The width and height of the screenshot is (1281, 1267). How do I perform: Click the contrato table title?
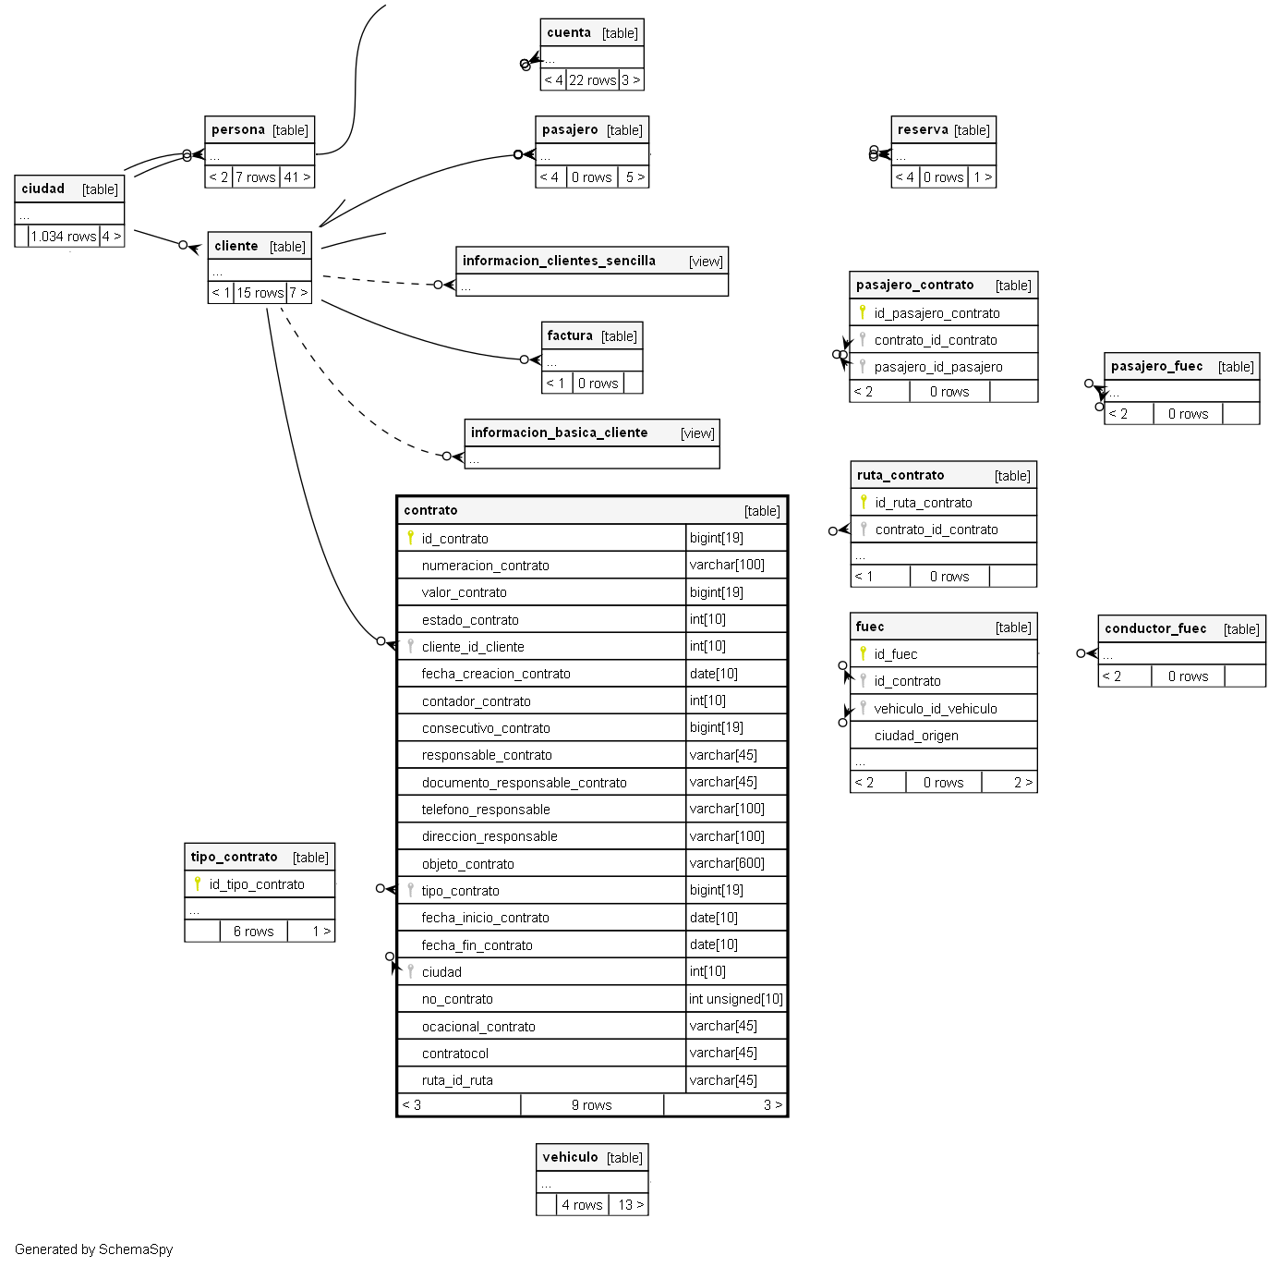(430, 510)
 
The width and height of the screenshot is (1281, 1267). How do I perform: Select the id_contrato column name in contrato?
(454, 539)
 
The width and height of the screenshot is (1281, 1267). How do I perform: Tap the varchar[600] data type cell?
(727, 863)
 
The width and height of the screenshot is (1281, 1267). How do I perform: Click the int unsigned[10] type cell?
(736, 999)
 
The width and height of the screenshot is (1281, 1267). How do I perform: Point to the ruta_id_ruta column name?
(457, 1080)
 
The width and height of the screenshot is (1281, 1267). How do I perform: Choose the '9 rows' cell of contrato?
(591, 1105)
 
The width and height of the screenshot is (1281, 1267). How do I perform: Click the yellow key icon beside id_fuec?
(863, 653)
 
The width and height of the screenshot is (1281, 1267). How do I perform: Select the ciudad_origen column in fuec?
(916, 736)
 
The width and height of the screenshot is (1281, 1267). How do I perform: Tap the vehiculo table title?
(570, 1157)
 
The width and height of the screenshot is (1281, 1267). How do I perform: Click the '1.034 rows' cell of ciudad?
(64, 237)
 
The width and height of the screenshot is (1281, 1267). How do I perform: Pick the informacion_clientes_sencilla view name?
(559, 261)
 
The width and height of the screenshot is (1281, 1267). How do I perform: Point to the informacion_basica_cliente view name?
(559, 432)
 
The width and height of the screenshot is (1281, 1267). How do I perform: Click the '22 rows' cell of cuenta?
(592, 80)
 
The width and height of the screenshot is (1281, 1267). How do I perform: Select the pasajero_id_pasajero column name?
(938, 367)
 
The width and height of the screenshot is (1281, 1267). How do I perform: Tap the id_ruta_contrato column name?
(924, 503)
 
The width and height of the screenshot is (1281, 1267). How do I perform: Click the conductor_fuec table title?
(1155, 628)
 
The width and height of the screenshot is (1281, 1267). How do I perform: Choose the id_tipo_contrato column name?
(257, 884)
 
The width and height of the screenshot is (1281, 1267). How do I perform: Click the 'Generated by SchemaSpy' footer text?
(93, 1249)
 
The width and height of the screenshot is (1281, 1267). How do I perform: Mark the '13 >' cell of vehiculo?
(631, 1205)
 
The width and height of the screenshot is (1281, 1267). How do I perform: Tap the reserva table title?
(923, 129)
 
